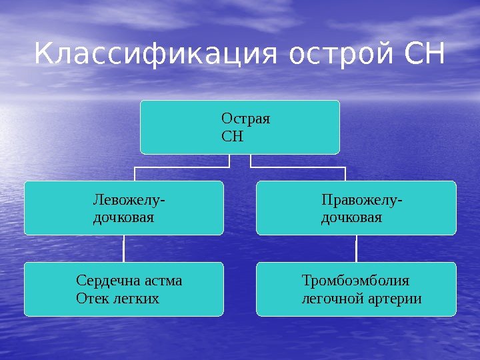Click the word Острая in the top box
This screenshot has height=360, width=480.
pyautogui.click(x=245, y=119)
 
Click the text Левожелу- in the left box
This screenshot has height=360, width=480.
pyautogui.click(x=129, y=200)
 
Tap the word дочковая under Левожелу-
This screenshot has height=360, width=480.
pyautogui.click(x=123, y=217)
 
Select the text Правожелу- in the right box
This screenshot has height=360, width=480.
pyautogui.click(x=361, y=200)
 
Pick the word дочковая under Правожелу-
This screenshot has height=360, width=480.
pyautogui.click(x=351, y=217)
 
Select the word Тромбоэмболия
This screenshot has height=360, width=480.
pyautogui.click(x=355, y=280)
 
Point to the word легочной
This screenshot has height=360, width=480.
pyautogui.click(x=331, y=297)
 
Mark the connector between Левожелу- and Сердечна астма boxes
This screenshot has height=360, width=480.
pyautogui.click(x=124, y=248)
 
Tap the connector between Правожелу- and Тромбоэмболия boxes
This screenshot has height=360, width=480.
pyautogui.click(x=356, y=248)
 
